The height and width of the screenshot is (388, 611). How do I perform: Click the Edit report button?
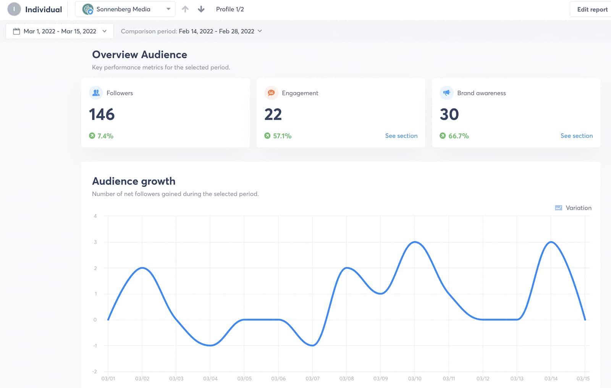coord(592,10)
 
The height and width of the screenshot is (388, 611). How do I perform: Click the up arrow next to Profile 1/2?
coord(185,9)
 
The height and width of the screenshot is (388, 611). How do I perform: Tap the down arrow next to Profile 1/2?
coord(201,9)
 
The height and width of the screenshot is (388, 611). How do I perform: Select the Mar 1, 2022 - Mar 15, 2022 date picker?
coord(60,31)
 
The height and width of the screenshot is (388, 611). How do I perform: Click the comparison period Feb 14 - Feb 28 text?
coord(216,31)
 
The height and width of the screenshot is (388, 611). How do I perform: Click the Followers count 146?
coord(102,115)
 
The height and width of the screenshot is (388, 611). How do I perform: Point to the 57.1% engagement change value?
coord(282,136)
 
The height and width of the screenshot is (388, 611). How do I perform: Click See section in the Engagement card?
coord(401,136)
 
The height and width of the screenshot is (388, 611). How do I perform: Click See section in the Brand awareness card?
coord(576,136)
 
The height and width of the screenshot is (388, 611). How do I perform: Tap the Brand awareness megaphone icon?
coord(446,93)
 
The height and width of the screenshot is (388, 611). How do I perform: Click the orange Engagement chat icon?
coord(271,93)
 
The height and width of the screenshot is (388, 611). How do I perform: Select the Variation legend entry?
coord(573,208)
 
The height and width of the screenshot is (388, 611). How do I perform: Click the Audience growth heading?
coord(134,181)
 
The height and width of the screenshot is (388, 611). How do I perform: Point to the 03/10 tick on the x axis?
coord(414,378)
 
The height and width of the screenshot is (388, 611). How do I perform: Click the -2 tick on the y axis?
coord(94,372)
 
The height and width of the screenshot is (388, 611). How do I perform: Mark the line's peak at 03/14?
coord(551,242)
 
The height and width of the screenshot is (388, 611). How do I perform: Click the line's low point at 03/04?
coord(210,345)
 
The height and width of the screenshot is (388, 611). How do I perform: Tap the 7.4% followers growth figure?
coord(105,136)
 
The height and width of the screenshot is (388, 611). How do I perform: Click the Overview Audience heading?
coord(139,55)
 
